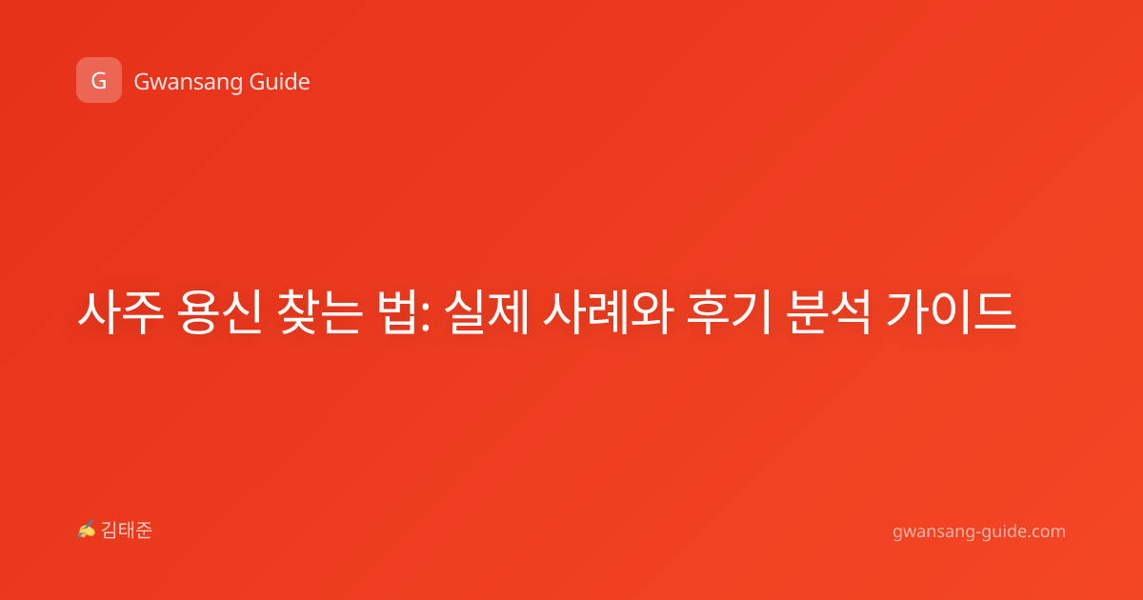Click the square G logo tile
click(x=99, y=80)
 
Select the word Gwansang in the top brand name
click(x=188, y=82)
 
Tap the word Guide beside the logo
click(x=280, y=82)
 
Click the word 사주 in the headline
click(x=120, y=311)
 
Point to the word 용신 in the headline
click(x=219, y=311)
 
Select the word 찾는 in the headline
click(x=319, y=311)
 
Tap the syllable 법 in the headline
click(x=397, y=311)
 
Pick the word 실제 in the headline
click(x=487, y=311)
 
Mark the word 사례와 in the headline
click(x=609, y=311)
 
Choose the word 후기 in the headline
click(x=728, y=311)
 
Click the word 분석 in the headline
click(x=828, y=311)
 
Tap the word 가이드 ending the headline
click(x=951, y=311)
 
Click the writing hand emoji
click(x=87, y=530)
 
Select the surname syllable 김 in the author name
click(x=110, y=530)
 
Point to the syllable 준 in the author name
click(x=144, y=530)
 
